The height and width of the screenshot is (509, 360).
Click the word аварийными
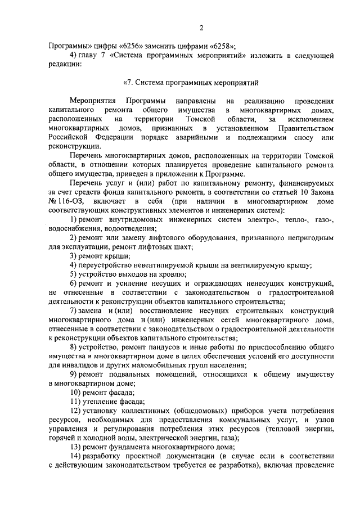pyautogui.click(x=215, y=139)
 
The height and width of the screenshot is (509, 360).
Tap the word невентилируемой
pyautogui.click(x=150, y=265)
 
